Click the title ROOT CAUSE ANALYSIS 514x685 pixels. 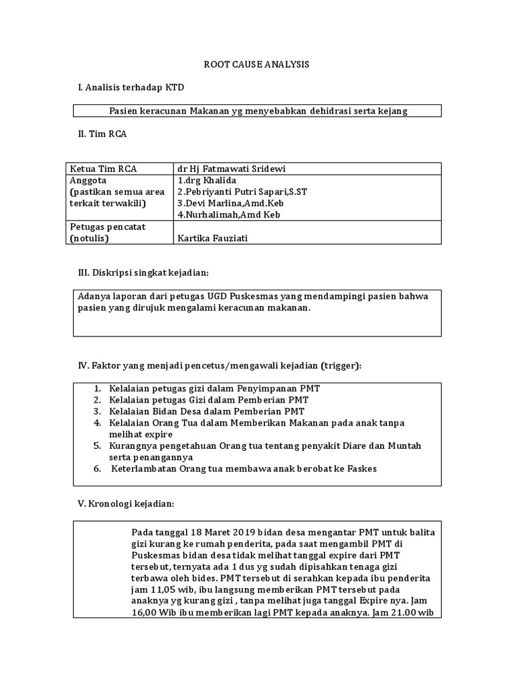coord(257,65)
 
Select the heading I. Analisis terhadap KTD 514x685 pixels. coord(131,88)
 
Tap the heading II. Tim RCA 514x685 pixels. coord(102,134)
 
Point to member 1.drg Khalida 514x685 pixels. coord(207,181)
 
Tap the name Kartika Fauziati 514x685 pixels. coord(212,238)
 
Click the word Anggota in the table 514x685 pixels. coord(88,181)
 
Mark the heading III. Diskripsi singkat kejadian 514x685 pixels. coord(144,273)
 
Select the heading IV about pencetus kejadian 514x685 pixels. coord(220,365)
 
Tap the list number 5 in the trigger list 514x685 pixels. coord(97,446)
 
